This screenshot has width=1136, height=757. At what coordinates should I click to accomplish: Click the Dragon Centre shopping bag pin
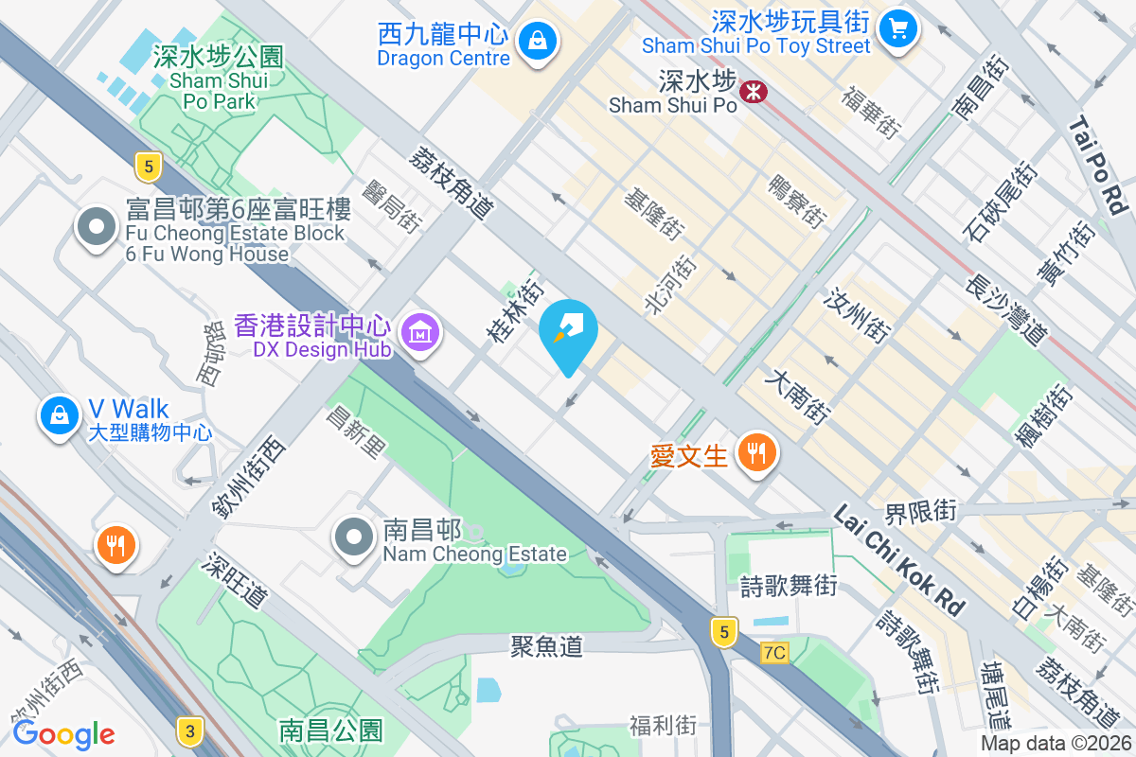(x=537, y=41)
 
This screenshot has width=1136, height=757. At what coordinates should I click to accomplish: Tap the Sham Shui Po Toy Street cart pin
(x=897, y=27)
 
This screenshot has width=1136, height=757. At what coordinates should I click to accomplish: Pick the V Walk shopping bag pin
(x=60, y=414)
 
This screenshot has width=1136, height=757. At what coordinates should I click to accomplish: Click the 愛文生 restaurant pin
(x=755, y=452)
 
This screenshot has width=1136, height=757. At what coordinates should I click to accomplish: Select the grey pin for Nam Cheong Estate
(x=355, y=537)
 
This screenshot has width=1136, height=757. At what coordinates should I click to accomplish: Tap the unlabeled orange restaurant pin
(x=116, y=545)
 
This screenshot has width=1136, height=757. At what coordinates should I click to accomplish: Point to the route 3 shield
(x=190, y=731)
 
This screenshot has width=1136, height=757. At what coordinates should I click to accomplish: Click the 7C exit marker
(x=774, y=652)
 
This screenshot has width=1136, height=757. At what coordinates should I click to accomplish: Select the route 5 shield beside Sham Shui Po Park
(x=146, y=167)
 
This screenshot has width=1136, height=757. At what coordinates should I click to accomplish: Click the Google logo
(x=63, y=734)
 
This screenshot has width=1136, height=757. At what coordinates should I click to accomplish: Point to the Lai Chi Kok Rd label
(x=899, y=559)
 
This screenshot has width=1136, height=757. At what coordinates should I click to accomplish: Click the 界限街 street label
(x=920, y=513)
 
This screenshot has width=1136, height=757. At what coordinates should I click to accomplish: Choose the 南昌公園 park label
(x=330, y=731)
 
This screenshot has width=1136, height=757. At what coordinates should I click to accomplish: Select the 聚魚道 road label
(x=546, y=646)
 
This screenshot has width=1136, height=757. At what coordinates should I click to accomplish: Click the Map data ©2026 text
(x=1056, y=744)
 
